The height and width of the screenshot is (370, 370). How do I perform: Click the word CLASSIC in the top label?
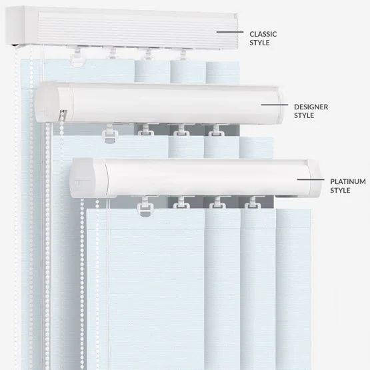(263, 34)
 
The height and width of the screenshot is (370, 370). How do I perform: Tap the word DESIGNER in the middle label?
(311, 107)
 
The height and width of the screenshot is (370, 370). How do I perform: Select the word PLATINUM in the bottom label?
(348, 181)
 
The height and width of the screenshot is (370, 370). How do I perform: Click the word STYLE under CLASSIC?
(259, 43)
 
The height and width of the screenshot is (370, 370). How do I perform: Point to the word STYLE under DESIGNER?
(304, 115)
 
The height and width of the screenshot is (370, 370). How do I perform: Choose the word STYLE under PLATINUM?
(340, 190)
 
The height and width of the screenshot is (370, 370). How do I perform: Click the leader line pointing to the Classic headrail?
(230, 32)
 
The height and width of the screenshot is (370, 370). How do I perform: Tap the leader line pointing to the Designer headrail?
(275, 105)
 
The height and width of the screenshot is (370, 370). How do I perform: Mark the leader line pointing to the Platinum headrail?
(311, 179)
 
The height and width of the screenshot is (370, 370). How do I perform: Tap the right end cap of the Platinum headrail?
(315, 179)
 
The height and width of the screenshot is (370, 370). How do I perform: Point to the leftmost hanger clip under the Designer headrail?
(110, 133)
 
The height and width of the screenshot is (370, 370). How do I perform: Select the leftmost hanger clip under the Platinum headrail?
(145, 207)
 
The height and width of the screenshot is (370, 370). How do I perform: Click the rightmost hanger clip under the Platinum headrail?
(253, 203)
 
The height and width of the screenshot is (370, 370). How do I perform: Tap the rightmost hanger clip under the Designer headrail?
(217, 130)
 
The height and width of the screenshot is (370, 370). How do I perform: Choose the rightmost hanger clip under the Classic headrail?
(183, 54)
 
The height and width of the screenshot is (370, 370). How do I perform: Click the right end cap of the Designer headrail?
(281, 105)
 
